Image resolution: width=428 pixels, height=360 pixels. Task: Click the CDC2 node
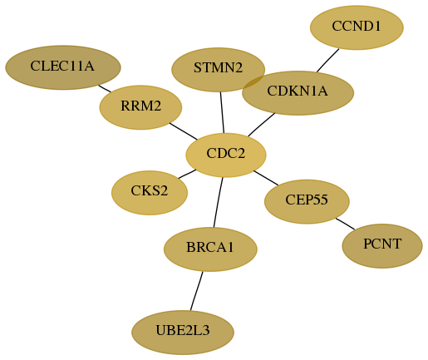226,155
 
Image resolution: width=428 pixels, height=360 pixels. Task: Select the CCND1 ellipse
357,27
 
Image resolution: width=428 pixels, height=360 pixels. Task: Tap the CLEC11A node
63,67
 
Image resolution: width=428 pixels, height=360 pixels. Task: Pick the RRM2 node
140,107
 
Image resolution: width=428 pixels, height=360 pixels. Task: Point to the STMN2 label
218,68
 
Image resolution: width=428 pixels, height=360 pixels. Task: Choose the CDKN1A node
298,93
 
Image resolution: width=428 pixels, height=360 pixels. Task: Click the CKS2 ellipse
150,193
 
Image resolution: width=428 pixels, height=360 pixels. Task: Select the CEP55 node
307,201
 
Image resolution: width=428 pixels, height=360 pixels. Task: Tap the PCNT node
382,246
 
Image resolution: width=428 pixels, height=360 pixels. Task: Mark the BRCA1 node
210,249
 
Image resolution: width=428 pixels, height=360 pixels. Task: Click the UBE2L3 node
183,333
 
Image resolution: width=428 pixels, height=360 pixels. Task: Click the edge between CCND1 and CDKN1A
328,61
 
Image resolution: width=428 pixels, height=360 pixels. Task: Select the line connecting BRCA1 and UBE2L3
197,291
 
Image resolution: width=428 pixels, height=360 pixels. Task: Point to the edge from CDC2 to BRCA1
218,202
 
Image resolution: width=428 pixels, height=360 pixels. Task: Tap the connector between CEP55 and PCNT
345,224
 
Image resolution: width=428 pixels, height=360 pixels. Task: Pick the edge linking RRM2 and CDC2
184,131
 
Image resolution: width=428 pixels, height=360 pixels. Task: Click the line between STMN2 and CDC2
222,112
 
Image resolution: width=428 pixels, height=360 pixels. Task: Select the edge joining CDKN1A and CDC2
262,125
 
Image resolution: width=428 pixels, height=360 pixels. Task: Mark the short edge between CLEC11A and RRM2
105,89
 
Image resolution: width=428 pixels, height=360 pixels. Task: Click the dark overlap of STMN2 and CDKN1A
253,82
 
